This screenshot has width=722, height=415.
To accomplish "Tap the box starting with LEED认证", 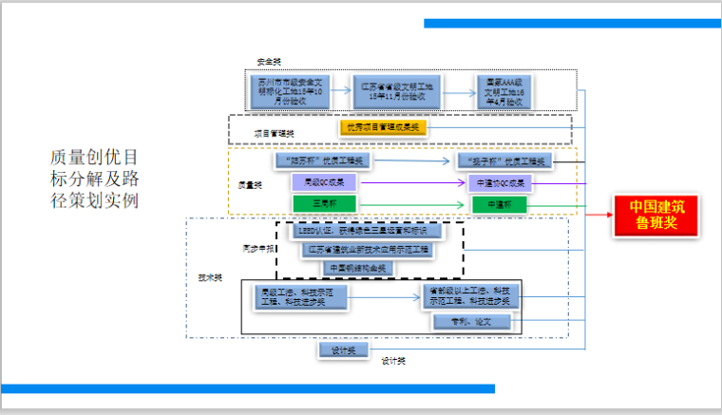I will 369,231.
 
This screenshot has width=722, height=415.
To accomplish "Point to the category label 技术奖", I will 210,277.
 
